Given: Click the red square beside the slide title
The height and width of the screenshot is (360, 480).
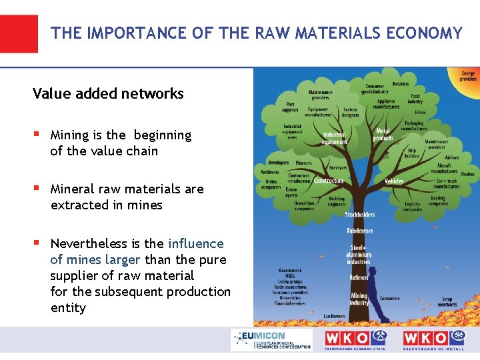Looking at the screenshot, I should click(x=19, y=33).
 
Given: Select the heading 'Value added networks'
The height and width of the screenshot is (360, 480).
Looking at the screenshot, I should click(x=108, y=93).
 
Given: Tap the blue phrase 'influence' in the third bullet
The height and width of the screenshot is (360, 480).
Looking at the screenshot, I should click(x=196, y=243).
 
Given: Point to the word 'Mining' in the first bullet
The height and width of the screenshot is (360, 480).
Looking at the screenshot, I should click(x=70, y=135).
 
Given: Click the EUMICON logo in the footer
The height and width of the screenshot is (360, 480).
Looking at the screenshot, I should click(x=271, y=340).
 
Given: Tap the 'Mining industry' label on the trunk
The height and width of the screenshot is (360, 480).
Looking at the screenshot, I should click(x=359, y=299).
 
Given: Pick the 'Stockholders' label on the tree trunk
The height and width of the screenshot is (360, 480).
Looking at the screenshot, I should click(x=359, y=215).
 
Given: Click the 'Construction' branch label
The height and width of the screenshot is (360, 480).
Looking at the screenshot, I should click(x=328, y=181).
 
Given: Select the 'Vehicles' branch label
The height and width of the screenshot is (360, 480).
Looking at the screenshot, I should click(x=394, y=181).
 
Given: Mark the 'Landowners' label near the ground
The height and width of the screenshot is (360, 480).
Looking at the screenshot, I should click(x=334, y=316).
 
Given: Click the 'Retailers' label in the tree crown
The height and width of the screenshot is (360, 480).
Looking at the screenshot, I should click(x=401, y=85).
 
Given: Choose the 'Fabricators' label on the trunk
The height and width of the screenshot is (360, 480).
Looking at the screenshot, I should click(x=359, y=231).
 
